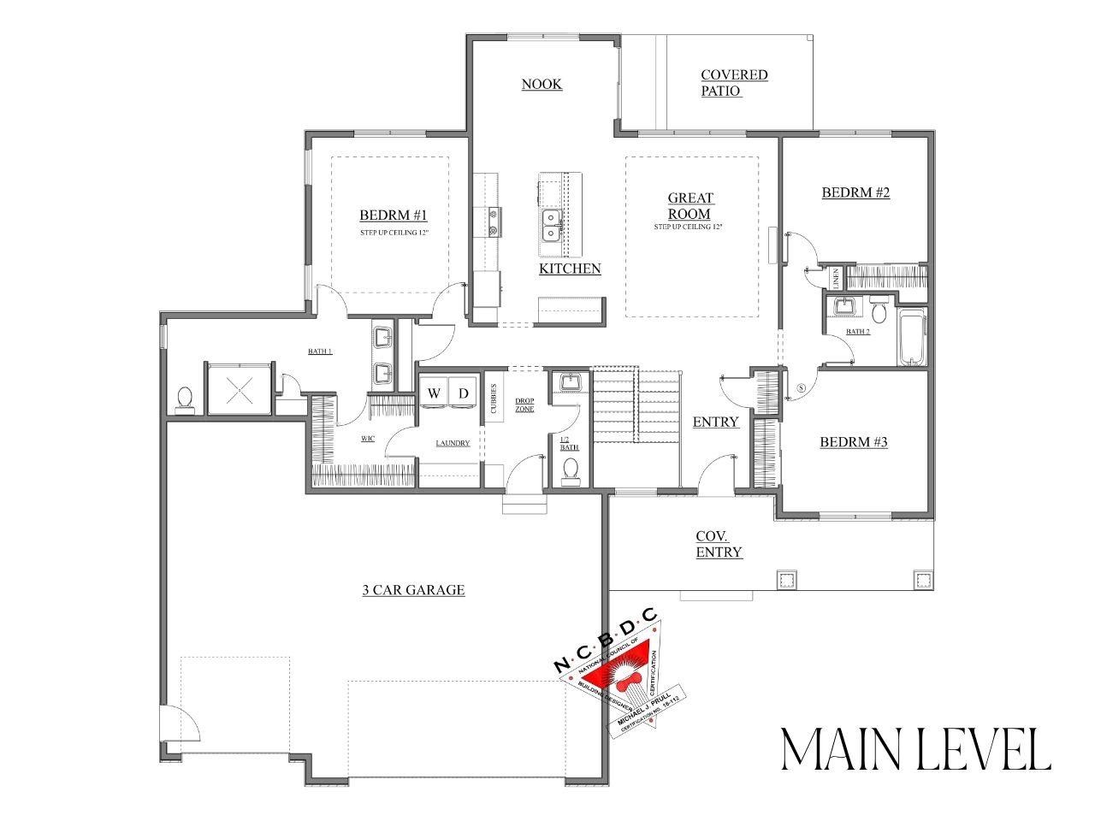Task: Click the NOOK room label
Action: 542,84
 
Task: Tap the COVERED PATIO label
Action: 733,83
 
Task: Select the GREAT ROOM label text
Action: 690,206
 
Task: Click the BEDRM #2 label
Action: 855,192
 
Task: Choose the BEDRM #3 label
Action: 853,442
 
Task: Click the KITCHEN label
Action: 569,269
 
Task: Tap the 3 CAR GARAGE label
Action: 412,589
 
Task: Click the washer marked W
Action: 435,393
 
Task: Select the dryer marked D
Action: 464,393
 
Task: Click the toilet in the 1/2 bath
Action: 571,469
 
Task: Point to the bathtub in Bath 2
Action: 911,338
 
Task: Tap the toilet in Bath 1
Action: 184,399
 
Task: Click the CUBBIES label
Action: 493,398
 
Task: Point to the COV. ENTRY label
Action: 718,544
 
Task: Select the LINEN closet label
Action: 835,279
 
